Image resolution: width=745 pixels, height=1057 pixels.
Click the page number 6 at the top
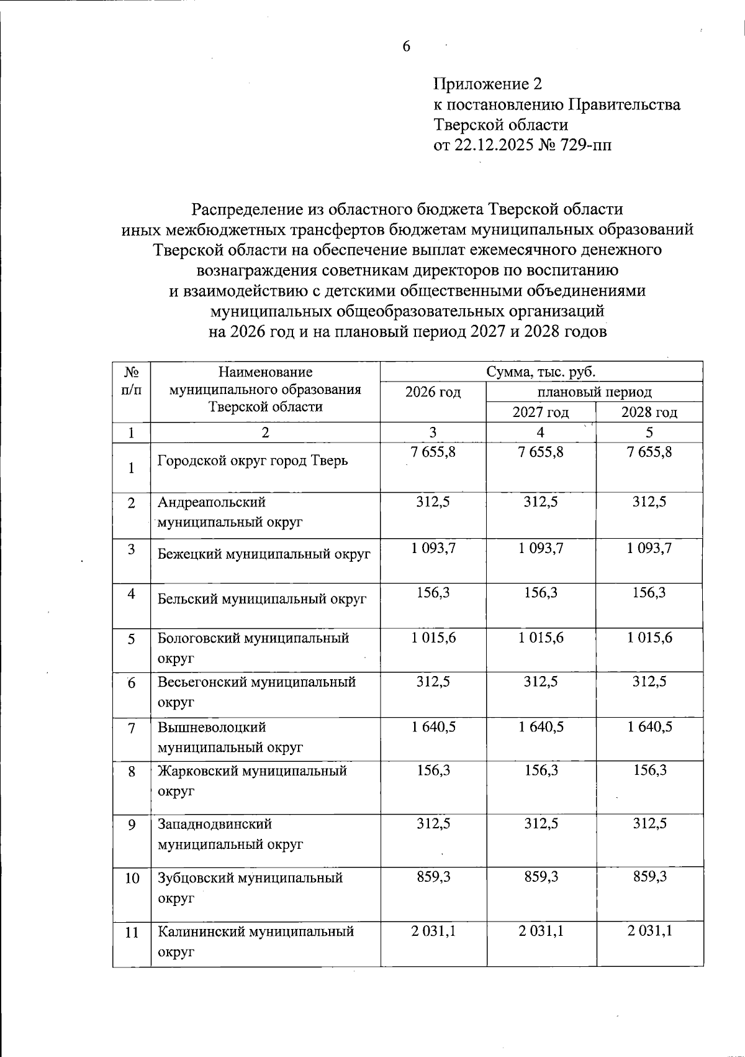407,47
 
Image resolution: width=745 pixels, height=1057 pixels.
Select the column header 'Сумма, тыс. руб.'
541,372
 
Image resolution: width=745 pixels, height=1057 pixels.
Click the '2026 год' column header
433,392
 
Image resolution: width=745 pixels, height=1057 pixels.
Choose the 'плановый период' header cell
594,392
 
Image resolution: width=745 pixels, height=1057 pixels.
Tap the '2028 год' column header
649,413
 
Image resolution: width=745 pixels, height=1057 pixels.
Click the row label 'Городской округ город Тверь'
252,461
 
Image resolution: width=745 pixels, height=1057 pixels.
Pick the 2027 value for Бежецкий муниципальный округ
541,548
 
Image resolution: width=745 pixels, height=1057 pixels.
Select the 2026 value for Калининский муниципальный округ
433,931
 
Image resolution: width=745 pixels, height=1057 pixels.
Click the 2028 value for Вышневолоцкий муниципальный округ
649,726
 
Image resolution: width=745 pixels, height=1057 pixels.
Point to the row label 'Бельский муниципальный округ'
262,599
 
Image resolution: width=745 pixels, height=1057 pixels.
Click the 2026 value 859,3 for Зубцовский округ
433,877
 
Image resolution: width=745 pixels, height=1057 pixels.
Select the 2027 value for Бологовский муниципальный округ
541,638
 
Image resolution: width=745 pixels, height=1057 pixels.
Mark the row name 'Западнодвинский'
215,825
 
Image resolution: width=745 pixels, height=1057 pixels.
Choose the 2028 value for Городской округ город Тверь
649,452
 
